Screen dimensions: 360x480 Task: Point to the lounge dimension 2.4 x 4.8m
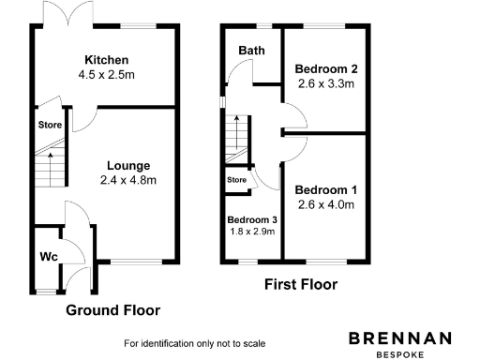tap(128, 180)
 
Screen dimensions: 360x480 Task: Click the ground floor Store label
tap(50, 124)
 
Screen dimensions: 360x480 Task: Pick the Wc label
tap(49, 256)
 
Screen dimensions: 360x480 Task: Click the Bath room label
tap(250, 50)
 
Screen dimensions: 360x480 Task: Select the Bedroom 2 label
tap(325, 68)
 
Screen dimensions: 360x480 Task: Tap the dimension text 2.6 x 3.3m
tap(325, 84)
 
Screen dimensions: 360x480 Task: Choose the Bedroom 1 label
tap(326, 189)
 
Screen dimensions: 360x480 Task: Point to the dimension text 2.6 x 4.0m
tap(326, 204)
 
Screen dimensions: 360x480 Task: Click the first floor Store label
tap(236, 179)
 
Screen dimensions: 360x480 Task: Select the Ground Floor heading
tap(112, 310)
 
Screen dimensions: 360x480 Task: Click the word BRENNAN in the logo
tap(400, 337)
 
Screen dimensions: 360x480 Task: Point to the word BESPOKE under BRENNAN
tap(400, 353)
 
